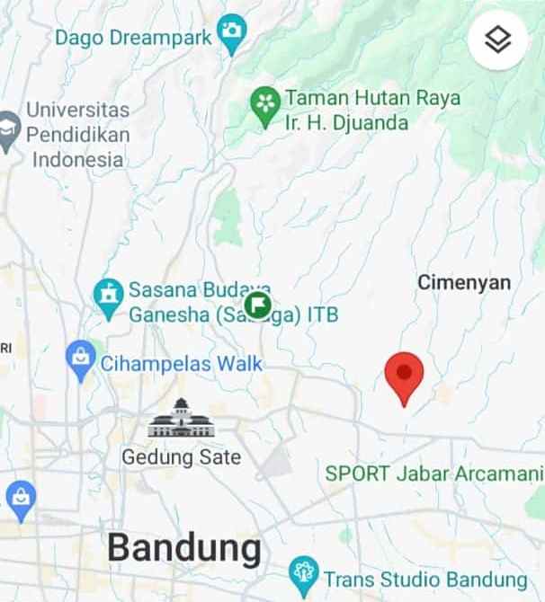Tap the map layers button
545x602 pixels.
point(497,40)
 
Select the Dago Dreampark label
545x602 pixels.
point(133,38)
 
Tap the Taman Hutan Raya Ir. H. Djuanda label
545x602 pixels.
point(372,110)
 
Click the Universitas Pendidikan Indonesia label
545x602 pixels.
point(77,135)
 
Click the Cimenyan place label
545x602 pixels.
point(463,283)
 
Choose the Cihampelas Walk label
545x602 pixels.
point(181,364)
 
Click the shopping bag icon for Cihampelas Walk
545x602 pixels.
point(81,359)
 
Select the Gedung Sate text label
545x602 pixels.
point(182,457)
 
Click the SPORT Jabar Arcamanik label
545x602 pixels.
point(434,473)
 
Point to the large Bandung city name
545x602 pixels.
point(184,546)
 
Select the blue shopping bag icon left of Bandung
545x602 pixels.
point(20,495)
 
